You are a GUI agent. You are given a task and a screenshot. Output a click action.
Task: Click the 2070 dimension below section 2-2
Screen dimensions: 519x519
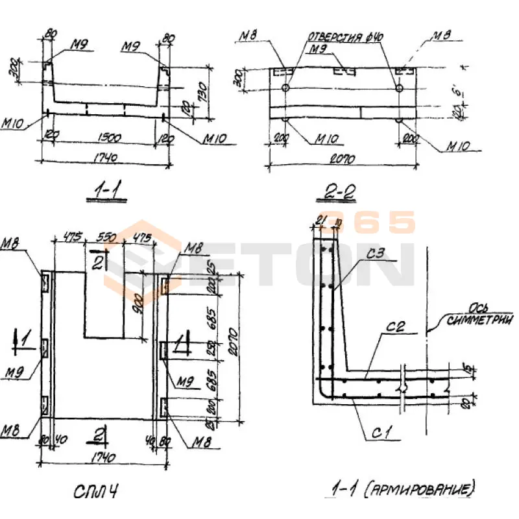[343, 159]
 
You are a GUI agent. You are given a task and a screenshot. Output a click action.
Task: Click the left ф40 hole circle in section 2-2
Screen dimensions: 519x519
[286, 88]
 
